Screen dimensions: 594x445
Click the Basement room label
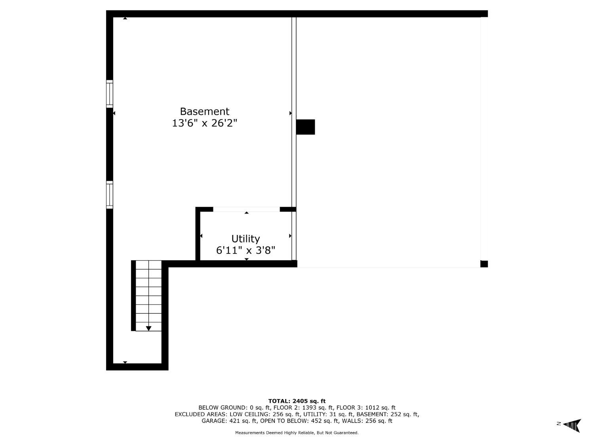(x=204, y=111)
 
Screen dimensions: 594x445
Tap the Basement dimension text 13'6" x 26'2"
(x=204, y=123)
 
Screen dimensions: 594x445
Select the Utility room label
(x=246, y=239)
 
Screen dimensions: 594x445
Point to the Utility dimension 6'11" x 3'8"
(x=246, y=250)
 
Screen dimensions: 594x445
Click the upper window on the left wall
(x=109, y=94)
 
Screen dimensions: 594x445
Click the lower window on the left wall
(x=109, y=195)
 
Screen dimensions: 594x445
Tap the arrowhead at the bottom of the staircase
(x=148, y=328)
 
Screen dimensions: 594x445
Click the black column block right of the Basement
(x=305, y=127)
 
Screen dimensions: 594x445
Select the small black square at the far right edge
(x=484, y=264)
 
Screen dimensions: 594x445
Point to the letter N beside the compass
(x=558, y=424)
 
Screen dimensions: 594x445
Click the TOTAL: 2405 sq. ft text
(x=297, y=401)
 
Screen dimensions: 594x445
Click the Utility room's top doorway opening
(x=246, y=209)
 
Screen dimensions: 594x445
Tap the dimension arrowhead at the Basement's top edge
(x=125, y=18)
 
